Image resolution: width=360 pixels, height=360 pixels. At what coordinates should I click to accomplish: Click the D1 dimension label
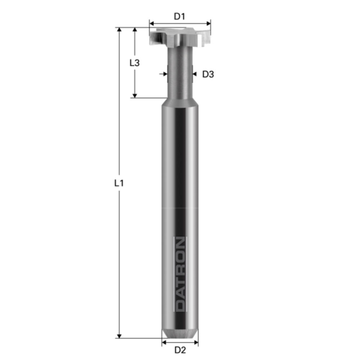point(179,16)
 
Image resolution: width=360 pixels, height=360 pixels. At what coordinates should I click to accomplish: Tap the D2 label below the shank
point(179,350)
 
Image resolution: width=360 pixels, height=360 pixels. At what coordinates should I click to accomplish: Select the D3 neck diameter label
point(208,75)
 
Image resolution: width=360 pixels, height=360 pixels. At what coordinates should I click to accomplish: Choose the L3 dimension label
point(134,63)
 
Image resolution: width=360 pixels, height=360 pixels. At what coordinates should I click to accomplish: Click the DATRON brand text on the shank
point(181,274)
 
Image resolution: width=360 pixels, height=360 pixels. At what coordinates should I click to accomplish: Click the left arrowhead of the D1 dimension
point(151,23)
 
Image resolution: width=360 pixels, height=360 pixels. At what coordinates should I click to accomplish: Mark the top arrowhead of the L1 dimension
point(119,30)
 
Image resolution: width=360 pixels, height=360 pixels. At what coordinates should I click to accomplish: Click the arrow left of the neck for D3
point(164,75)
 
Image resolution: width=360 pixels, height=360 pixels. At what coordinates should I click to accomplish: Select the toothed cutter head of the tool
point(179,37)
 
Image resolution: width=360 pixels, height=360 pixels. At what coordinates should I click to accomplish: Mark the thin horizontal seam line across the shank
point(179,208)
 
